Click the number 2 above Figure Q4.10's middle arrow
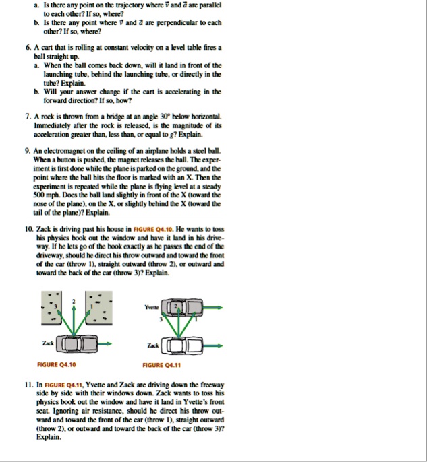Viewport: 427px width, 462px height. (x=74, y=301)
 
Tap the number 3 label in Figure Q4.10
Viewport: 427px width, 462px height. (x=55, y=306)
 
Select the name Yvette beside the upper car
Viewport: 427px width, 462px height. (x=151, y=307)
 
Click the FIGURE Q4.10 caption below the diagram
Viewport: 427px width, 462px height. (x=57, y=365)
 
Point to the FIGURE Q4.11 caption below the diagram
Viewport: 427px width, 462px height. (x=161, y=365)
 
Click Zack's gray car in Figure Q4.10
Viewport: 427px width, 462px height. (x=76, y=343)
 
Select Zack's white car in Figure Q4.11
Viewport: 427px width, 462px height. (x=181, y=345)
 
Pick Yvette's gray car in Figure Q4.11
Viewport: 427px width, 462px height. (x=182, y=307)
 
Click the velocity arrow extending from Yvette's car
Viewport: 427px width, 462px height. (x=212, y=308)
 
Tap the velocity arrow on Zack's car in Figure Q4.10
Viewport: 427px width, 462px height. (x=105, y=343)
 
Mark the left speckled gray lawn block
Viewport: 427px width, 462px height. (x=51, y=308)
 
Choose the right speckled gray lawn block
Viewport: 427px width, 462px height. (x=99, y=308)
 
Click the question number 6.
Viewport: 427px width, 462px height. (x=28, y=48)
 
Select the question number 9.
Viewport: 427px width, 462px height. (x=28, y=151)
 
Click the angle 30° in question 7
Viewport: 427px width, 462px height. (x=165, y=117)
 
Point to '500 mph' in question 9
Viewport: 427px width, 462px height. (x=43, y=195)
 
